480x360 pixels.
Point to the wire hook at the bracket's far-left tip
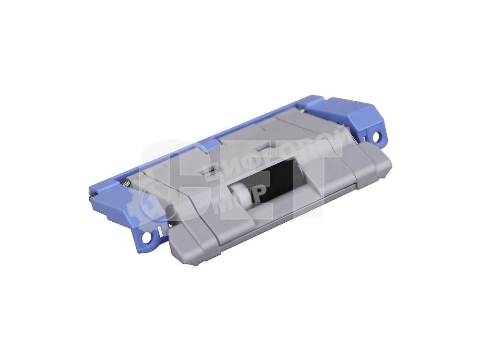[x=92, y=195]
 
